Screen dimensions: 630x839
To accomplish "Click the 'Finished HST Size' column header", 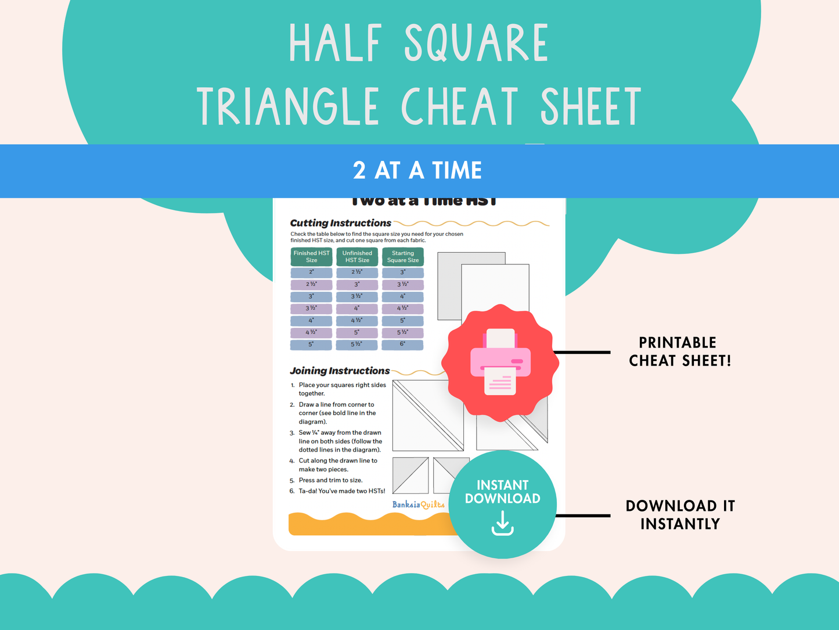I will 311,257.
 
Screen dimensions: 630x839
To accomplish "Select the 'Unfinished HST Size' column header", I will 357,257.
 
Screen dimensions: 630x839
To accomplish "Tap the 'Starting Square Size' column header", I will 403,257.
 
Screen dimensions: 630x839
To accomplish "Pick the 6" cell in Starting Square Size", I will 403,345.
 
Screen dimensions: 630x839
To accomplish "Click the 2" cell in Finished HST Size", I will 311,273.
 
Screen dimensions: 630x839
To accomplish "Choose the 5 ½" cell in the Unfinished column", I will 357,345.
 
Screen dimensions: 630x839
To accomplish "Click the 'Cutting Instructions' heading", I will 341,223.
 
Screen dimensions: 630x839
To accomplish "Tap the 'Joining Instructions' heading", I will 340,371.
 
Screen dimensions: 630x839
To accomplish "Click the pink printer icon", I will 500,362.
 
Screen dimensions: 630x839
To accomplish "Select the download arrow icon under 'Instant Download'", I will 503,524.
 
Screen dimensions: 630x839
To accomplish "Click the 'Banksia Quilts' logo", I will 418,504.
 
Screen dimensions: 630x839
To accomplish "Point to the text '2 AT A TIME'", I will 417,171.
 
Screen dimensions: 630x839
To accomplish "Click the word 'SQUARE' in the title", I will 476,44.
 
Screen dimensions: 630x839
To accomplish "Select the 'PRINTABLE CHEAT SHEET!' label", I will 679,352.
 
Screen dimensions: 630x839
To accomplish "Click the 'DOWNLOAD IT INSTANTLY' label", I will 680,515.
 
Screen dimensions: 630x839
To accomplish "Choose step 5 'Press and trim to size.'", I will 330,481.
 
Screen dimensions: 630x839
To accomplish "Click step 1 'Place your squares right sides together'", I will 342,389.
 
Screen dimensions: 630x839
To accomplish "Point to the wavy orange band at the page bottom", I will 372,525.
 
